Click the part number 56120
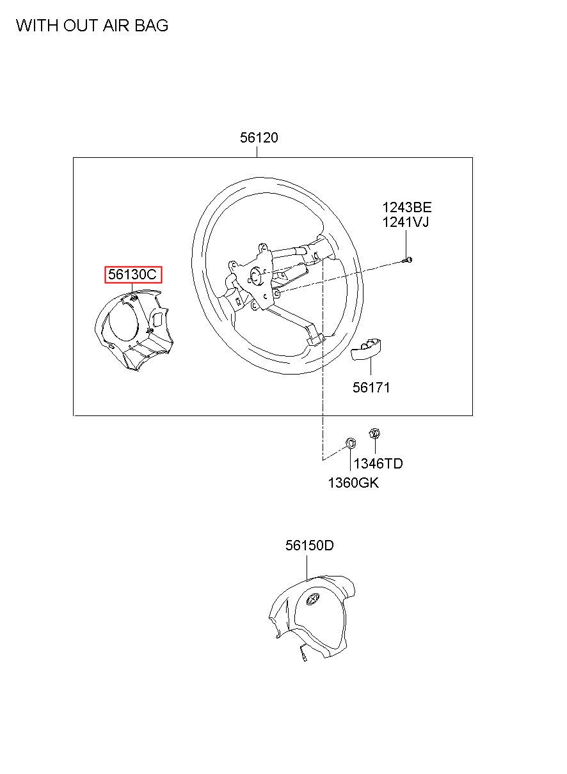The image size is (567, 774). point(259,137)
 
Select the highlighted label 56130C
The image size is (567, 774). point(132,275)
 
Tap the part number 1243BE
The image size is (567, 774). point(406,207)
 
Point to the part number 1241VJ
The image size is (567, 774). point(406,222)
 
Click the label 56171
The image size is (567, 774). point(371,387)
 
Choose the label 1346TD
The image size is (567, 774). point(378,463)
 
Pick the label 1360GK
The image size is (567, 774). point(353,483)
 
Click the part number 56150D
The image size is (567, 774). point(310,545)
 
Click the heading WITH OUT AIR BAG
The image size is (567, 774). point(92,26)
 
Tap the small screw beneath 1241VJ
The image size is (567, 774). point(408,259)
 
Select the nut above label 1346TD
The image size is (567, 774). point(375,434)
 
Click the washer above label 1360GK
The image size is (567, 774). point(351,442)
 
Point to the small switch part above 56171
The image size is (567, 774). point(367,349)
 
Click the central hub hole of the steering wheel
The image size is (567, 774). point(255,277)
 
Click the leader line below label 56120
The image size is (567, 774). point(257,151)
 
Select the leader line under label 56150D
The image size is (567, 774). point(307,567)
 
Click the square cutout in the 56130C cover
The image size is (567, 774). point(156,318)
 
